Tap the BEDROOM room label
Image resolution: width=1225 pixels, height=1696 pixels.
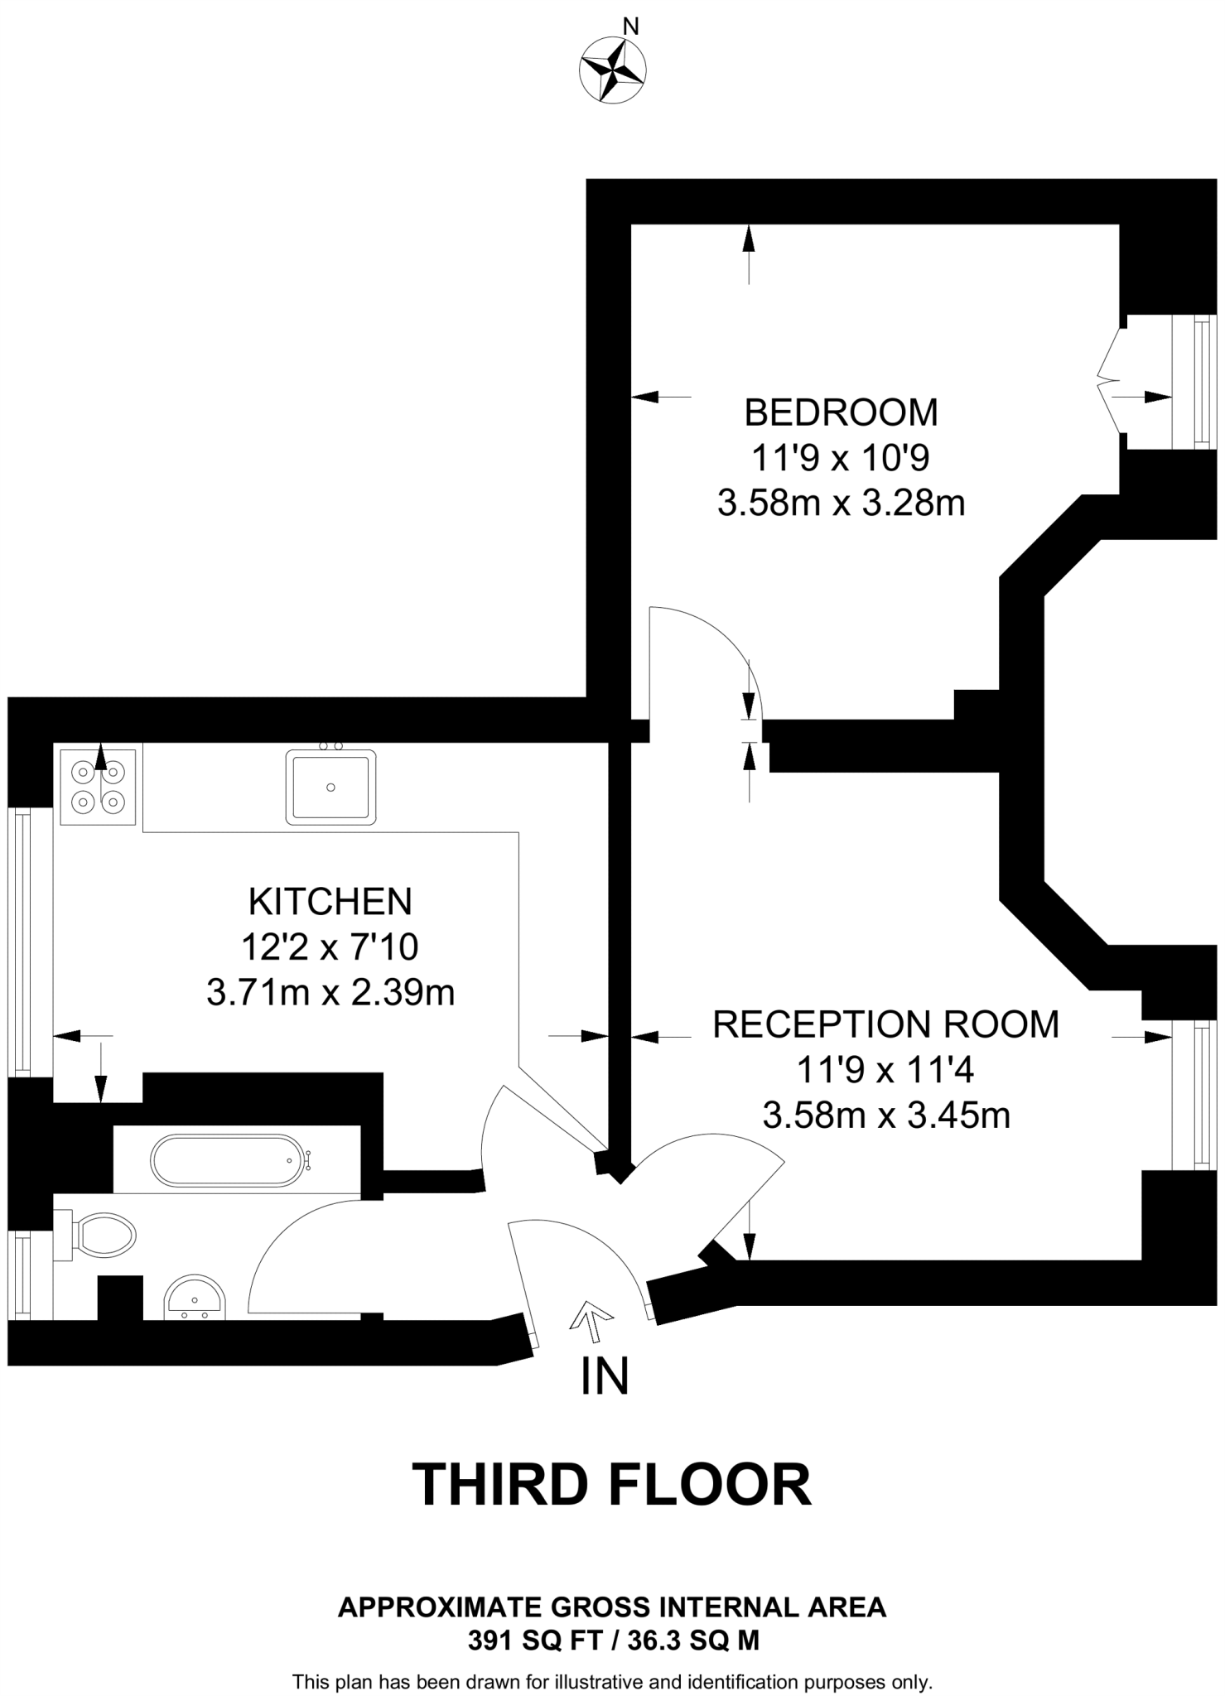[841, 412]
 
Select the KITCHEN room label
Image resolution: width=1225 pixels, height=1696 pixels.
[330, 902]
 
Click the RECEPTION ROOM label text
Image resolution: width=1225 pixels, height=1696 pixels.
[886, 1024]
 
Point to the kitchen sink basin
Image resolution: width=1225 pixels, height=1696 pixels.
[330, 787]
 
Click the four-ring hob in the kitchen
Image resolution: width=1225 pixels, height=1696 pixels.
[98, 787]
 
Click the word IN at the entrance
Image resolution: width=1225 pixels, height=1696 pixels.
[605, 1376]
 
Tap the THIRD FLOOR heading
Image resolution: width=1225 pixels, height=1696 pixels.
[612, 1484]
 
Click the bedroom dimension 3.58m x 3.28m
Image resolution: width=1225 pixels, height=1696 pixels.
[842, 503]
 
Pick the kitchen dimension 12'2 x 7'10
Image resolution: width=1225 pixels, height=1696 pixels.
[330, 947]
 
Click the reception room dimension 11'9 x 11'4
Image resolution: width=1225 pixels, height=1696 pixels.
[885, 1070]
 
